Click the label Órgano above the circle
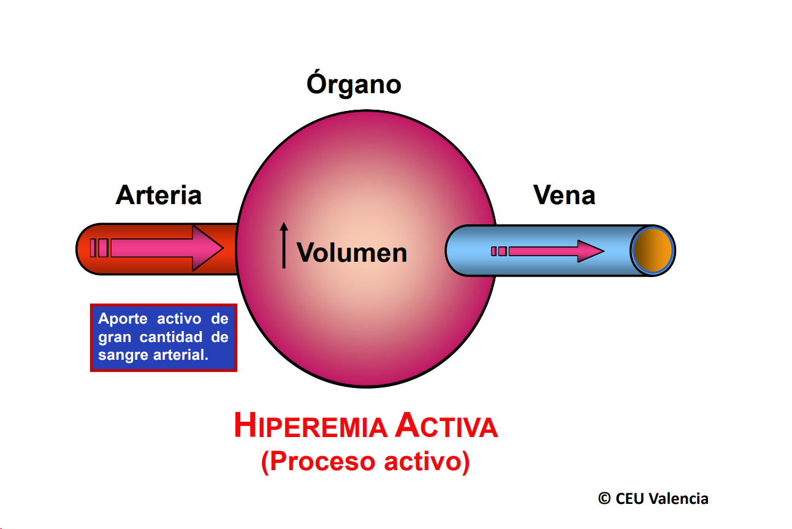(x=354, y=85)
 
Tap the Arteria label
(x=158, y=196)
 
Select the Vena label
(x=564, y=196)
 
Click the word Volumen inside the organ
(x=352, y=253)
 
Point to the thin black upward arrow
(x=284, y=245)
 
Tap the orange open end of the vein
(x=653, y=251)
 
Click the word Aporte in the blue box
(x=123, y=319)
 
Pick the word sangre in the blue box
(x=123, y=355)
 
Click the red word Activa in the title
(x=446, y=427)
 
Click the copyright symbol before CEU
(x=604, y=499)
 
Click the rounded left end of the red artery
(x=85, y=249)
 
